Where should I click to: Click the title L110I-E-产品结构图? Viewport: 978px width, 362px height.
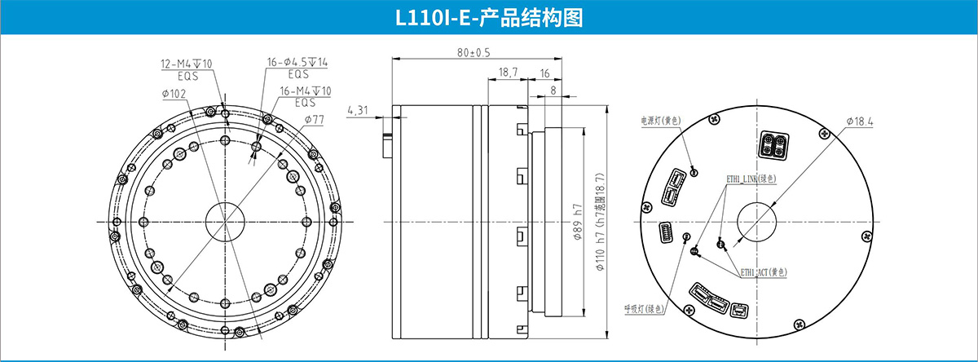click(488, 19)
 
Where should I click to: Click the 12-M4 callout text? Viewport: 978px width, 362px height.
click(187, 64)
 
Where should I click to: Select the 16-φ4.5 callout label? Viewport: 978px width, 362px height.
click(297, 63)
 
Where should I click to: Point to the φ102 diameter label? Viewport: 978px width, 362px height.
click(174, 94)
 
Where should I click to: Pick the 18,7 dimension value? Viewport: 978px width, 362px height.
click(508, 73)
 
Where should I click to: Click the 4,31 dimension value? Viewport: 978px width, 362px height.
click(358, 109)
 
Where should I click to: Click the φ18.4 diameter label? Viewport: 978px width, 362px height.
click(859, 121)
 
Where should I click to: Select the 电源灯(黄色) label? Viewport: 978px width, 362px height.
click(660, 121)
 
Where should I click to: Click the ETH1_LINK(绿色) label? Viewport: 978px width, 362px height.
click(751, 178)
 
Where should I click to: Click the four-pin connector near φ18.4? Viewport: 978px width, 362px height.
click(773, 144)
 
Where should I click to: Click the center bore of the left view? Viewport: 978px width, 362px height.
click(222, 220)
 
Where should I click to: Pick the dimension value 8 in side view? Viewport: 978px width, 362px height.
click(553, 90)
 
